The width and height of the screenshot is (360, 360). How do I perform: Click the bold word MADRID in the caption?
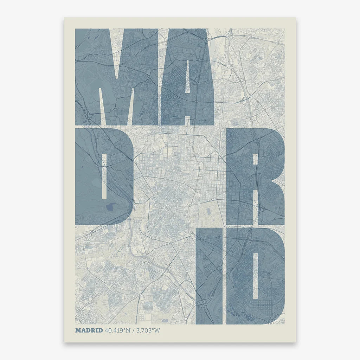click(89, 330)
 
